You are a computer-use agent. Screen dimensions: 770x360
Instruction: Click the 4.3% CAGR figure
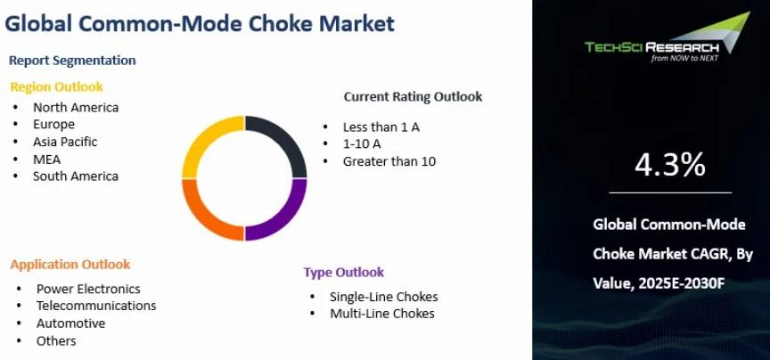click(670, 165)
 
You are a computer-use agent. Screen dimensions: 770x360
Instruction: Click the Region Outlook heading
click(56, 87)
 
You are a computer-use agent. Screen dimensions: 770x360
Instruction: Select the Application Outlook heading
click(70, 265)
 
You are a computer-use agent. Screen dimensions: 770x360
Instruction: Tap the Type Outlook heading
click(343, 272)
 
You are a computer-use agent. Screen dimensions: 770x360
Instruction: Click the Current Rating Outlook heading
click(413, 97)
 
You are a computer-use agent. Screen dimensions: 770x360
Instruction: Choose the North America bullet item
click(76, 107)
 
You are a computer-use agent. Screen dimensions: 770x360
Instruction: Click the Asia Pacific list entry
click(65, 142)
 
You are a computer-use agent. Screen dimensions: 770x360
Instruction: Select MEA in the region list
click(46, 160)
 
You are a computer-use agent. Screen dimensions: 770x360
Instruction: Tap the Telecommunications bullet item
click(96, 306)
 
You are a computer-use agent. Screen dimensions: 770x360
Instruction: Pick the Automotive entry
click(70, 323)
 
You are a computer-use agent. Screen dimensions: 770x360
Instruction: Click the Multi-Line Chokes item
click(382, 314)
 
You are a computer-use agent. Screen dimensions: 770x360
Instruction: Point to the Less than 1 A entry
click(381, 127)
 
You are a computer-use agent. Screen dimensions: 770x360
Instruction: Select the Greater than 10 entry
click(389, 161)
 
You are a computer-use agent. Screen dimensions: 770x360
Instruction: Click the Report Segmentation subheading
click(72, 61)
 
